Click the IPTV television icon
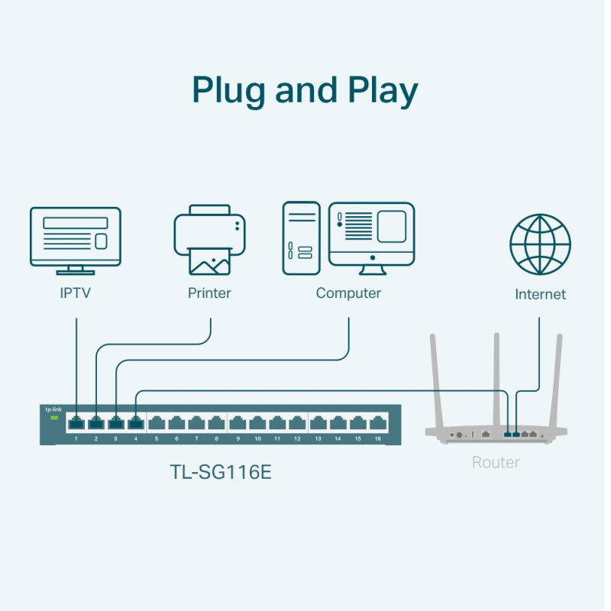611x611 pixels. (x=75, y=240)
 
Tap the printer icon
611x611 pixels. (x=209, y=240)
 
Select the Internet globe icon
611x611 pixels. (x=540, y=244)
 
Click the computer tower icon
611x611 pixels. (x=302, y=238)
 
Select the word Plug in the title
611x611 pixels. (x=229, y=92)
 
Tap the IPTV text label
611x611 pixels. (x=75, y=293)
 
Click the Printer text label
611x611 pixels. (x=209, y=293)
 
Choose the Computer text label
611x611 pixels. (x=348, y=293)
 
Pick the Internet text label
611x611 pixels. (x=540, y=295)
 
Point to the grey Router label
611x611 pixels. (x=496, y=463)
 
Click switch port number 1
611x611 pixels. (x=76, y=422)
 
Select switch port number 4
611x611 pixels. (x=136, y=422)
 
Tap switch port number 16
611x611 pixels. (x=377, y=422)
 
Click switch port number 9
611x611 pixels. (x=238, y=422)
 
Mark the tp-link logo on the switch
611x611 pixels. (x=53, y=409)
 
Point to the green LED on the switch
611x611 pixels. (x=53, y=418)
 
